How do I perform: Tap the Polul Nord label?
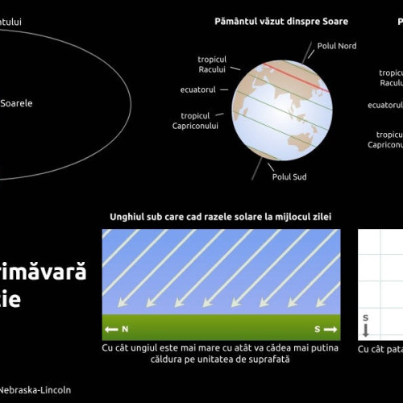[x=337, y=46]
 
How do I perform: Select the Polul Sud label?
[x=289, y=177]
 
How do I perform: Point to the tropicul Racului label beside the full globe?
[x=211, y=64]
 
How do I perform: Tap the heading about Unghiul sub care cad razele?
[x=220, y=217]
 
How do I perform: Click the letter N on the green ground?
[x=125, y=330]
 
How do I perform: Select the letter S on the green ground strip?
[x=316, y=330]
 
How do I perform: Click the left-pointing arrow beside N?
[x=111, y=330]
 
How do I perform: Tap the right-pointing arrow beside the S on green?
[x=330, y=330]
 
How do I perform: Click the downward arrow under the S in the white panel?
[x=365, y=330]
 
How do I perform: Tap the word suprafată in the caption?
[x=267, y=359]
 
